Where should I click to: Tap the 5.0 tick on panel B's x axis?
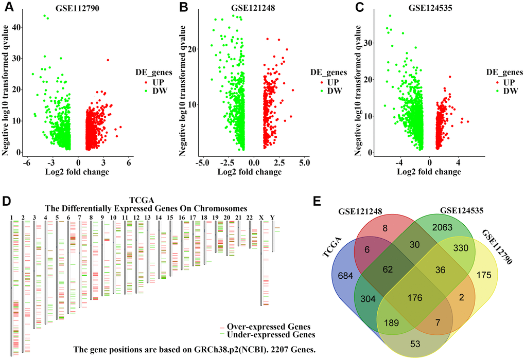tap(304, 163)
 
